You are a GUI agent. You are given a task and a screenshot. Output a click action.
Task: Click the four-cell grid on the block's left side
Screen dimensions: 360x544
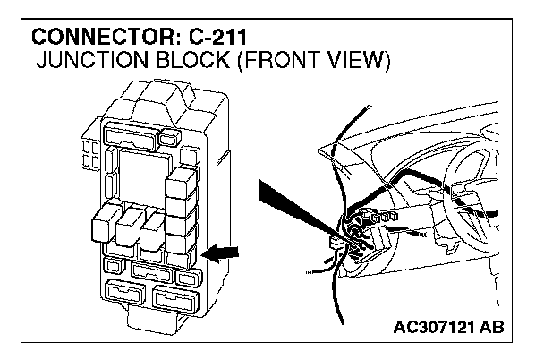(89, 154)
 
